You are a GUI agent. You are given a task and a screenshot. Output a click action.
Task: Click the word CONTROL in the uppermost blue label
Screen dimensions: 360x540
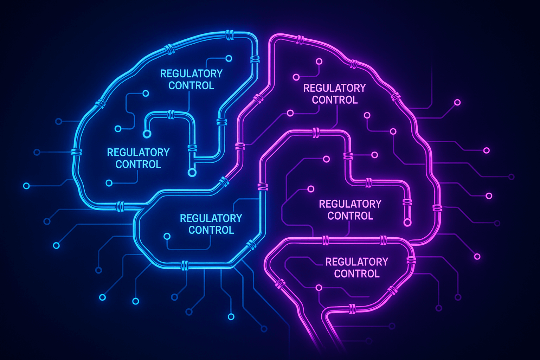(191, 85)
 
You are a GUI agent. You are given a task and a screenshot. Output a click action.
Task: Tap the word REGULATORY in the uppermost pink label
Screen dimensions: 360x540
(334, 88)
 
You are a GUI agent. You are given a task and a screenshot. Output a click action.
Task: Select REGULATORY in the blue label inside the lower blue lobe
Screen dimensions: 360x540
(211, 218)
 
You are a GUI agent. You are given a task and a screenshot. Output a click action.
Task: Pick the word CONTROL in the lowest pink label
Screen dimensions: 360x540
(357, 274)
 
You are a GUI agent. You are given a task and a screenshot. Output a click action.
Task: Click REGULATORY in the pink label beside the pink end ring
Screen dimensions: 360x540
(350, 204)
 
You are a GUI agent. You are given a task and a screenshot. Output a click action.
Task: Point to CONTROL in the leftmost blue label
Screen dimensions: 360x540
(138, 164)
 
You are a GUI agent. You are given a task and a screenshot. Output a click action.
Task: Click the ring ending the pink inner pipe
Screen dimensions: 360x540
(407, 222)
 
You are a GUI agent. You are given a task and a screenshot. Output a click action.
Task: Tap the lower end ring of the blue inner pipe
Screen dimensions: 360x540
(192, 172)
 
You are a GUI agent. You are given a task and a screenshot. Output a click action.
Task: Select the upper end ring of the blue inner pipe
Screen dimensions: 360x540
(147, 134)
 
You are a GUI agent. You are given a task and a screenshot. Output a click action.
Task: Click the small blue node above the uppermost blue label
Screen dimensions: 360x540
(229, 58)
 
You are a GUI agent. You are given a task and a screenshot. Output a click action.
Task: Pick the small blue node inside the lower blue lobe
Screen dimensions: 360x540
(167, 236)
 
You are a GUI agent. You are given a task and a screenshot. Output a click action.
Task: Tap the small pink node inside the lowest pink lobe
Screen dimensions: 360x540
(319, 288)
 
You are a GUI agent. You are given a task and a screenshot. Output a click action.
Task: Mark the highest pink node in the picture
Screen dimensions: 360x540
(319, 61)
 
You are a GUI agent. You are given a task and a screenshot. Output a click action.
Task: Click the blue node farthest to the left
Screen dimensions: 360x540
(26, 186)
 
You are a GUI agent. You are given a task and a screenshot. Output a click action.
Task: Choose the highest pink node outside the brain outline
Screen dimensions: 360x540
(457, 102)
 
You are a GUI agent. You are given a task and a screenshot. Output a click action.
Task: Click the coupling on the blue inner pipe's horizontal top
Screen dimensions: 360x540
(171, 114)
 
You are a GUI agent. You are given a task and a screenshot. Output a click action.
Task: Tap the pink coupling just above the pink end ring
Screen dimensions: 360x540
(407, 202)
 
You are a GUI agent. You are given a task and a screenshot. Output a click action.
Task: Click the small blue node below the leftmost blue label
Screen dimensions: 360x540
(109, 183)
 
